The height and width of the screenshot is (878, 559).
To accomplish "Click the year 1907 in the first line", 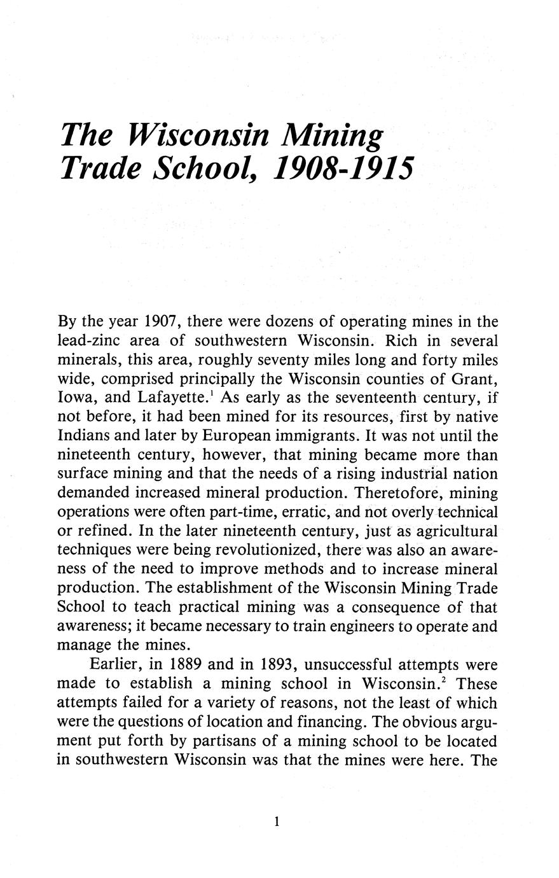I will click(x=161, y=322).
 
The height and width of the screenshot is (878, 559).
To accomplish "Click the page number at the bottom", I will click(x=277, y=822).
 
